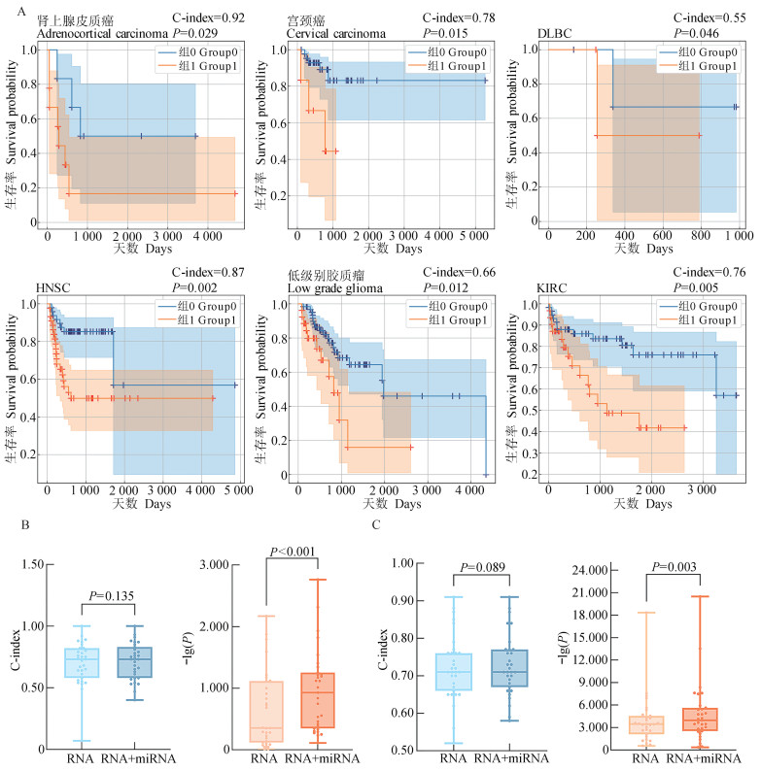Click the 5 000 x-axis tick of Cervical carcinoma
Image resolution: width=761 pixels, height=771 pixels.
coord(469,235)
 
